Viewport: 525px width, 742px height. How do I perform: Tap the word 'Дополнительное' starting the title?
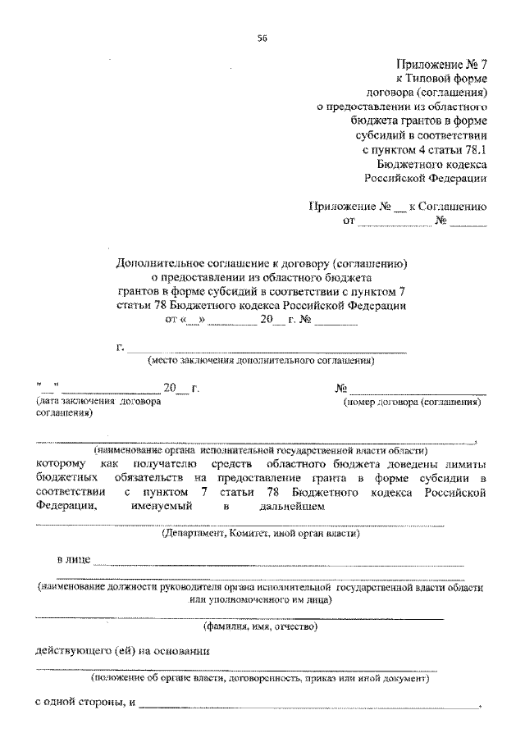(159, 264)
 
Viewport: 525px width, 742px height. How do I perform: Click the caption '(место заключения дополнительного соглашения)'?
(261, 361)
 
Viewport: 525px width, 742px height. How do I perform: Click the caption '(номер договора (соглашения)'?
(411, 403)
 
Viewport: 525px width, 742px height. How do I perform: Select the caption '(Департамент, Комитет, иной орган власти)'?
(260, 534)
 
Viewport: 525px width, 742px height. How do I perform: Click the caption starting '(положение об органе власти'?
(260, 680)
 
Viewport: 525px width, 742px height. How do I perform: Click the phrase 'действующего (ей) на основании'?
(121, 653)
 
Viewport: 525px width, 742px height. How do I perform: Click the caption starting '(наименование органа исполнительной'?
(260, 450)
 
